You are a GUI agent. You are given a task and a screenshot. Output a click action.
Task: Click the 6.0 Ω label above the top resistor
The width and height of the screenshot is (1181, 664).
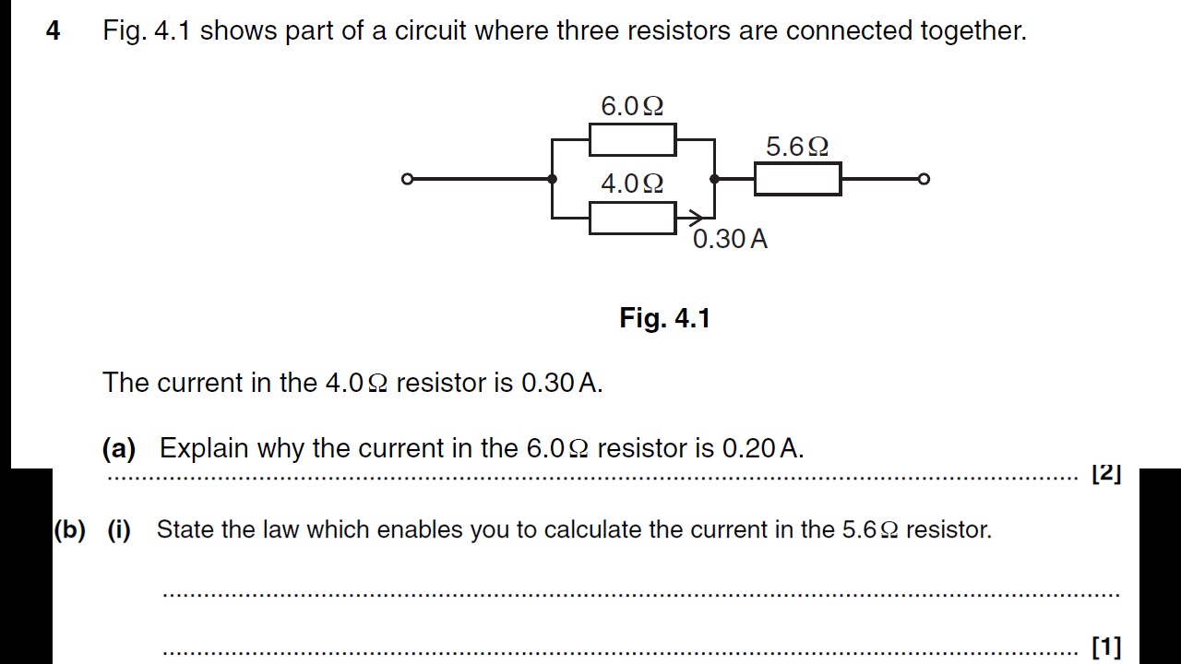632,107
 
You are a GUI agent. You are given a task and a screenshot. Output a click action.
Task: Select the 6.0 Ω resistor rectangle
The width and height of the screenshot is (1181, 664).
632,140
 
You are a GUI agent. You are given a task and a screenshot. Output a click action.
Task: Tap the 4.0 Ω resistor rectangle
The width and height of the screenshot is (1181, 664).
632,219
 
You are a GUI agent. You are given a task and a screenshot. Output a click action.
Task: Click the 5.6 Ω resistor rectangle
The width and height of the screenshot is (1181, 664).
797,179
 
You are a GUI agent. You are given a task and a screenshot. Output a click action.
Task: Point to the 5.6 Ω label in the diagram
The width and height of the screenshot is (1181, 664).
797,147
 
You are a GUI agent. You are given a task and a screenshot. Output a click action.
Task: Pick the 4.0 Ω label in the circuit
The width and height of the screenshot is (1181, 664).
632,184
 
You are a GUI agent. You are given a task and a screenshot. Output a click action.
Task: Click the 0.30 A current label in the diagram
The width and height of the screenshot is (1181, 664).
730,239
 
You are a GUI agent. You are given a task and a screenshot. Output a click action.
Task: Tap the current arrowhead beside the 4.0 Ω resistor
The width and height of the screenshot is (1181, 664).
691,219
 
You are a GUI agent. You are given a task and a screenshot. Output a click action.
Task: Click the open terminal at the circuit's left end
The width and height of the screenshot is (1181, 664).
407,179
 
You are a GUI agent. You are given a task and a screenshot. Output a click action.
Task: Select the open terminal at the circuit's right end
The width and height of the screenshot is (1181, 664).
925,179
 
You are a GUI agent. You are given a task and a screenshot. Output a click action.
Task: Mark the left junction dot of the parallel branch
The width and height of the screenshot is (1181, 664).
552,179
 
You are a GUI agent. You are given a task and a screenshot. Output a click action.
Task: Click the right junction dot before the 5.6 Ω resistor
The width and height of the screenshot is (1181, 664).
715,179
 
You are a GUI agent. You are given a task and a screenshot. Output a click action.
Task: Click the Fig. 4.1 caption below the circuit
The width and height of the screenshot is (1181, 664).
664,319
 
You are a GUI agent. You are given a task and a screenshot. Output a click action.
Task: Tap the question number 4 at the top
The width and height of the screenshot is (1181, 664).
54,31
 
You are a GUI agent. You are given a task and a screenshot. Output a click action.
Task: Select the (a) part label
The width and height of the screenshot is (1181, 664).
119,449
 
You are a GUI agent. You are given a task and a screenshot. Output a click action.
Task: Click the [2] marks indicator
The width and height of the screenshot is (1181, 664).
1105,474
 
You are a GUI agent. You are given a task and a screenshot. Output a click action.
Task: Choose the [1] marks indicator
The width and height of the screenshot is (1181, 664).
1105,647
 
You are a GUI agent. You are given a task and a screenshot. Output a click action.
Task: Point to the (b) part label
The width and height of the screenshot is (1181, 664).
69,530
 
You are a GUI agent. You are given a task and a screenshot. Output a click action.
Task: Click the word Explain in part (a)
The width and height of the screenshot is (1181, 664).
204,449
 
